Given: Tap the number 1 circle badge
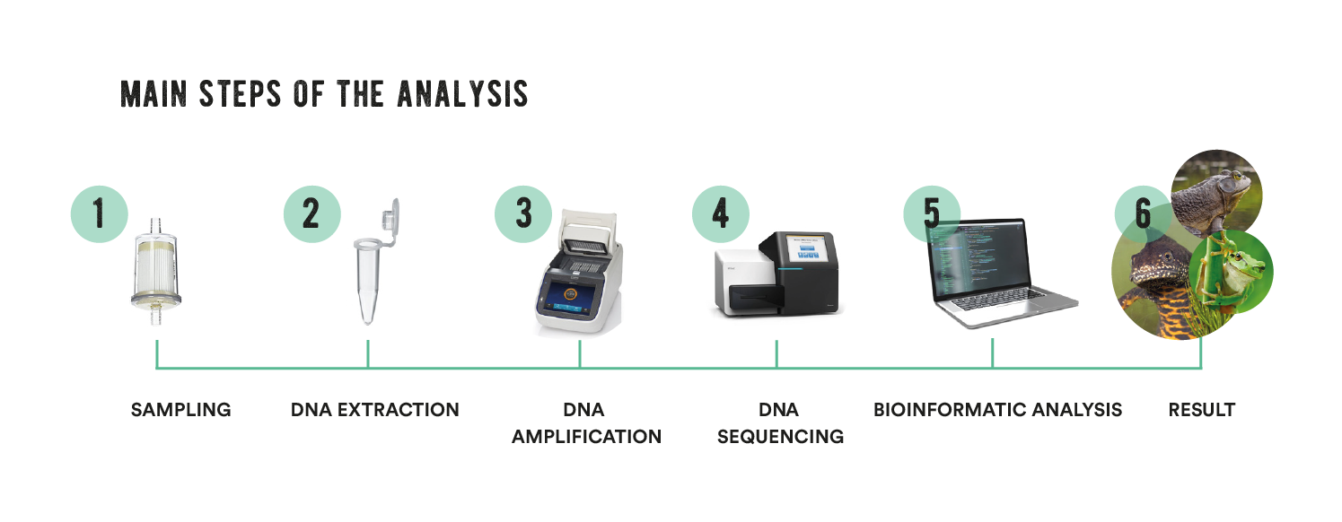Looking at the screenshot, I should (100, 213).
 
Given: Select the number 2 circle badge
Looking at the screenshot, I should (311, 213).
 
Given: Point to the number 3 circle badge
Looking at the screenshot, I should (523, 213).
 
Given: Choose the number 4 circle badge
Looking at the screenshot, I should (721, 213).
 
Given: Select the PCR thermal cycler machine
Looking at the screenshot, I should (580, 274).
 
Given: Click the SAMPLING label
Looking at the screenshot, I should (180, 411).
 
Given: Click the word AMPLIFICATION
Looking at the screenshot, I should (586, 437).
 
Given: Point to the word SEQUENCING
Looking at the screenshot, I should (780, 437).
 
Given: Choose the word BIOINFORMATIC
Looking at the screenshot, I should (948, 411).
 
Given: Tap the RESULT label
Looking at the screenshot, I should (1201, 411).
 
